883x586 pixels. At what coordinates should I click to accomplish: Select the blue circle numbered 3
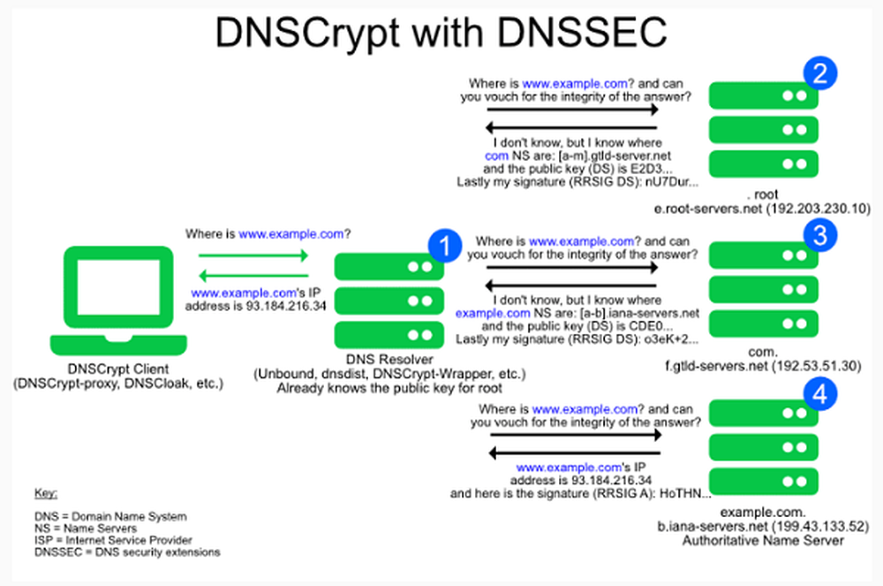point(819,233)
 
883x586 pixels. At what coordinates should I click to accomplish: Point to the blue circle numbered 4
point(819,396)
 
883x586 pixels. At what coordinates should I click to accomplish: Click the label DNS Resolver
point(376,361)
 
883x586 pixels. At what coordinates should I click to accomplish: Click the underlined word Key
point(44,492)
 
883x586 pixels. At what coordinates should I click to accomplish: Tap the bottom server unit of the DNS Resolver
point(389,332)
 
